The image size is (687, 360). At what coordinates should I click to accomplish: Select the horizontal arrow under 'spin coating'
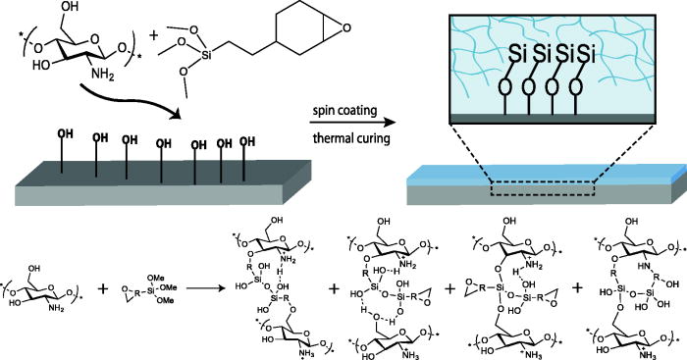[x=348, y=126]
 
